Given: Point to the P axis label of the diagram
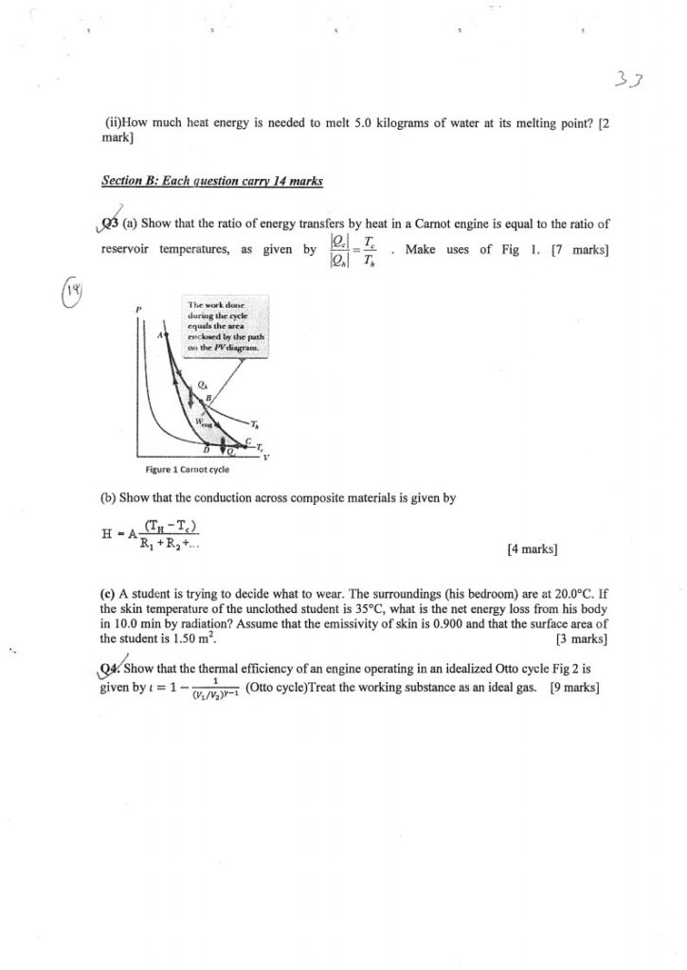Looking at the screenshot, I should pyautogui.click(x=139, y=309).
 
